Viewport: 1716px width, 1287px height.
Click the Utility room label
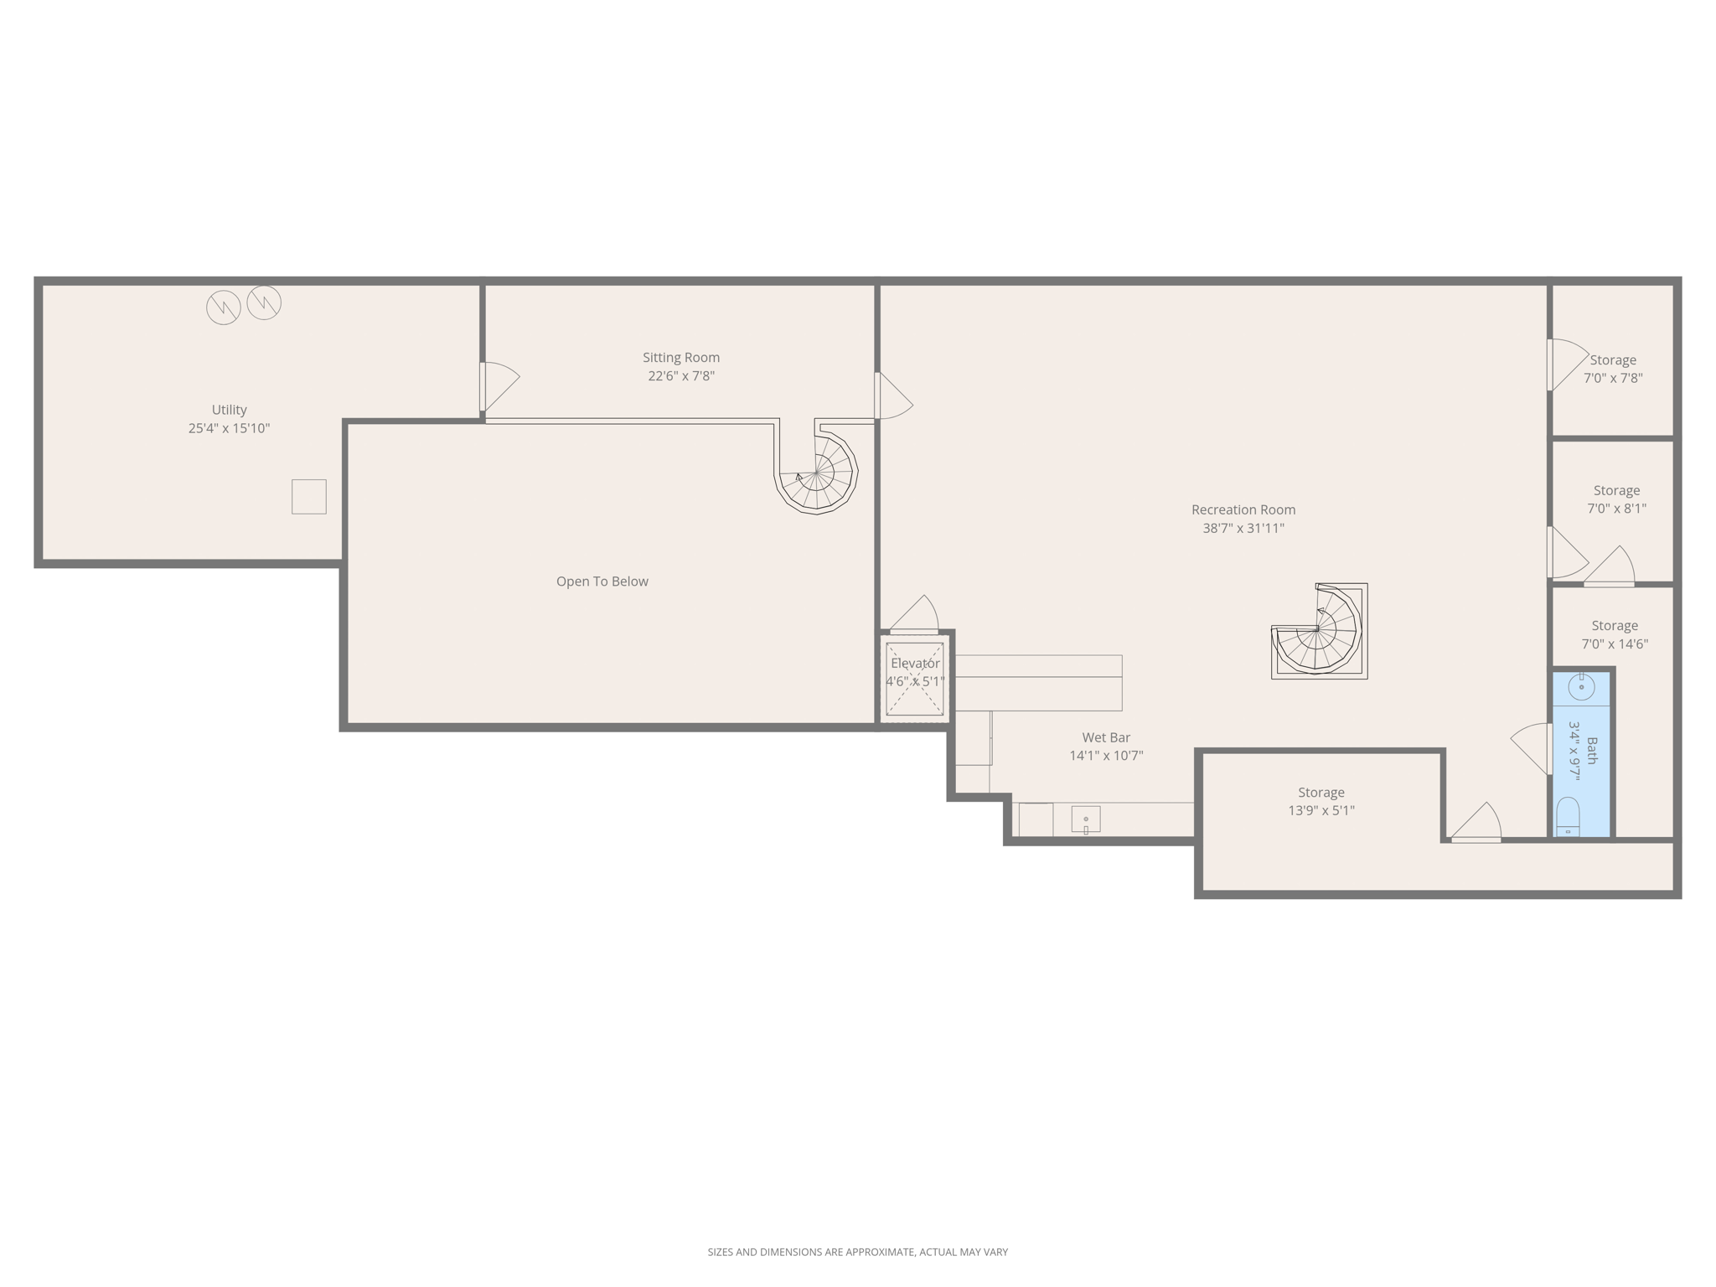pyautogui.click(x=229, y=410)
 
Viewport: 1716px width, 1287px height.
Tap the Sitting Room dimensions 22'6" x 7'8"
pyautogui.click(x=681, y=376)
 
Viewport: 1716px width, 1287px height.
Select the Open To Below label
pyautogui.click(x=602, y=581)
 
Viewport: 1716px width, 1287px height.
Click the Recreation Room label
pyautogui.click(x=1243, y=509)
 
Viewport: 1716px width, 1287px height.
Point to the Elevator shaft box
pyautogui.click(x=915, y=679)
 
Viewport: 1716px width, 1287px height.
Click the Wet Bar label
pyautogui.click(x=1106, y=737)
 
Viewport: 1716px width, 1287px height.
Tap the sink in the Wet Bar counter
pyautogui.click(x=1086, y=819)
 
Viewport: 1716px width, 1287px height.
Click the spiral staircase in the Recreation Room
pyautogui.click(x=1319, y=631)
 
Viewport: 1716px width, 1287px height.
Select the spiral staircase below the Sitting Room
pyautogui.click(x=816, y=473)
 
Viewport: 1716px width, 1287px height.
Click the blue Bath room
pyautogui.click(x=1582, y=754)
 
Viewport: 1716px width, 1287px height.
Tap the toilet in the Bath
pyautogui.click(x=1568, y=817)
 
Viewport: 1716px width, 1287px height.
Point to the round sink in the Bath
pyautogui.click(x=1581, y=687)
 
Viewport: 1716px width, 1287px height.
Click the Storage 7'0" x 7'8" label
pyautogui.click(x=1613, y=369)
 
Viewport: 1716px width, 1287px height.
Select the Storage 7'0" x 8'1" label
pyautogui.click(x=1616, y=499)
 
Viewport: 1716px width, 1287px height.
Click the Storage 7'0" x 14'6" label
pyautogui.click(x=1615, y=635)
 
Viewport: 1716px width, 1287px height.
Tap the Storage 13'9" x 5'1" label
pyautogui.click(x=1321, y=801)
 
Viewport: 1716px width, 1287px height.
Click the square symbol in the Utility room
pyautogui.click(x=309, y=497)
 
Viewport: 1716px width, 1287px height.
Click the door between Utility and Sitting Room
pyautogui.click(x=499, y=386)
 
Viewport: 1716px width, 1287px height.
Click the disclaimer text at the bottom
pyautogui.click(x=858, y=1252)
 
